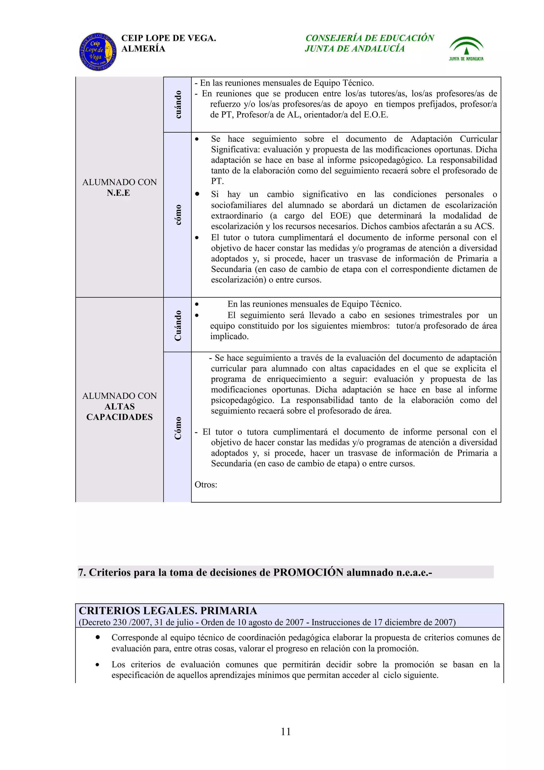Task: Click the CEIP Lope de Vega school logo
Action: coord(98,52)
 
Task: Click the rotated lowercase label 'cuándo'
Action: coord(178,104)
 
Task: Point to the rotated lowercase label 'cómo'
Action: coord(178,215)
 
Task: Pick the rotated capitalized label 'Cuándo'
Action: coord(178,325)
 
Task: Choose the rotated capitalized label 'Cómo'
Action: coord(178,428)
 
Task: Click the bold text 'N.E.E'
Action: coord(118,193)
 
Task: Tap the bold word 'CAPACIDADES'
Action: coord(119,417)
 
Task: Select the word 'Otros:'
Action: coord(206,485)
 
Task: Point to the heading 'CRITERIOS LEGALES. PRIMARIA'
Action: coord(168,611)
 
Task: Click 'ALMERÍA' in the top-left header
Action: coord(143,49)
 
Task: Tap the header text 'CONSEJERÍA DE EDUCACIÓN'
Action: coord(369,38)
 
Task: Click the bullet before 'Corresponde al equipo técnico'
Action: coord(97,637)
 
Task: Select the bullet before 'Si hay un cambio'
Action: coord(197,194)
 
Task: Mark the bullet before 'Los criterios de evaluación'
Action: coord(97,664)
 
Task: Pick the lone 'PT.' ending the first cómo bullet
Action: coord(217,181)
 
